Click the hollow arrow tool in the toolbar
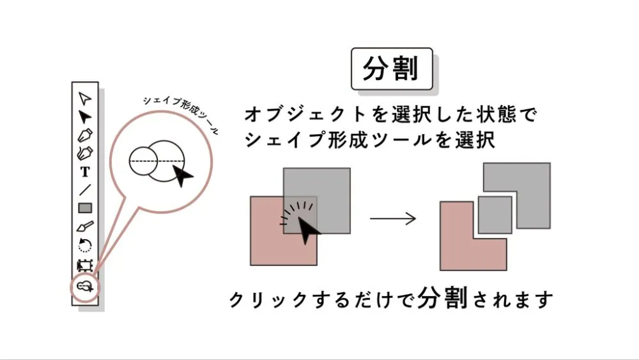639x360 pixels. tap(85, 98)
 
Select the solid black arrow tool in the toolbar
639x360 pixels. tap(85, 116)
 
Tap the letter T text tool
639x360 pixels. tap(85, 171)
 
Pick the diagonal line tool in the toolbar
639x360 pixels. tap(85, 189)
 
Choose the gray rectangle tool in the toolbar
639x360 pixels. tap(85, 208)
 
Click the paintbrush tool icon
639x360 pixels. tap(85, 226)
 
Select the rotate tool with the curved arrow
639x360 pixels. tap(85, 245)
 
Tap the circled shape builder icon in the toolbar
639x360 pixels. tap(85, 286)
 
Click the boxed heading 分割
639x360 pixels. tap(391, 68)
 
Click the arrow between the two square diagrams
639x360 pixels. tap(393, 219)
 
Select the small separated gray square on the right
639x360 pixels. tap(495, 214)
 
